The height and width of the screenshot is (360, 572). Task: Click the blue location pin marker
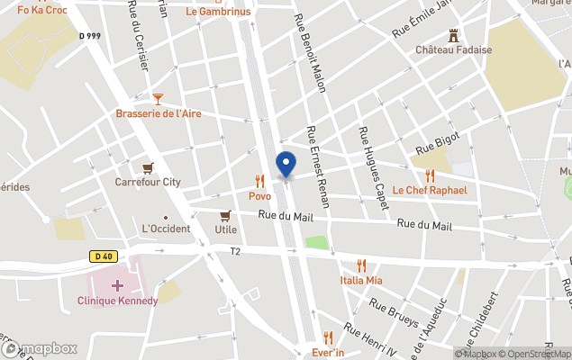click(286, 166)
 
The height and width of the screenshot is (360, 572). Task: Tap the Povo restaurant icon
click(259, 181)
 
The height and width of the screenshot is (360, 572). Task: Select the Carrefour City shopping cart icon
click(148, 167)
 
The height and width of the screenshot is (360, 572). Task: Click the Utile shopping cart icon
click(225, 215)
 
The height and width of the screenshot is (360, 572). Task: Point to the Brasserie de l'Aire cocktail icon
click(158, 98)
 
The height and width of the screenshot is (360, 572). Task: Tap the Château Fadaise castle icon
click(453, 35)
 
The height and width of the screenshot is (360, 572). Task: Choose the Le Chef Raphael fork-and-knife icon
click(430, 175)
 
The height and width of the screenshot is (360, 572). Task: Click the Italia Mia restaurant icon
click(361, 265)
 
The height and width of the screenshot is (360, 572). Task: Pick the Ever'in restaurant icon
click(328, 337)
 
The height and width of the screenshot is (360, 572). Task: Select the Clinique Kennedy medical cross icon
click(117, 285)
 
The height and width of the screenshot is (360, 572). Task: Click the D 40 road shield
click(103, 256)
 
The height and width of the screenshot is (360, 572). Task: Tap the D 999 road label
click(88, 36)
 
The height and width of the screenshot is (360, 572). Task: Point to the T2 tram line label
click(235, 252)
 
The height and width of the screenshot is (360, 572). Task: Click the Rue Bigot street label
click(437, 141)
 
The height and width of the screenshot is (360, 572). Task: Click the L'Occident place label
click(166, 229)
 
